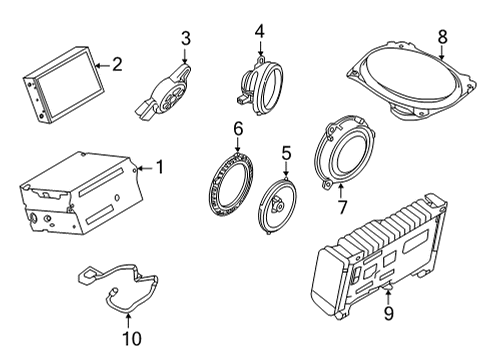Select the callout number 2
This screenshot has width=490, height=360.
pos(117,65)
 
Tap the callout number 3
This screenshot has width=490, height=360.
pos(185,39)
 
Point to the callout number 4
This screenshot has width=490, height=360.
pos(259,31)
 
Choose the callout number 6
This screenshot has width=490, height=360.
pos(238,128)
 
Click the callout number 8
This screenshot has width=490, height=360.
pos(442,37)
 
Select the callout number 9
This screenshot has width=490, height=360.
pos(388,313)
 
